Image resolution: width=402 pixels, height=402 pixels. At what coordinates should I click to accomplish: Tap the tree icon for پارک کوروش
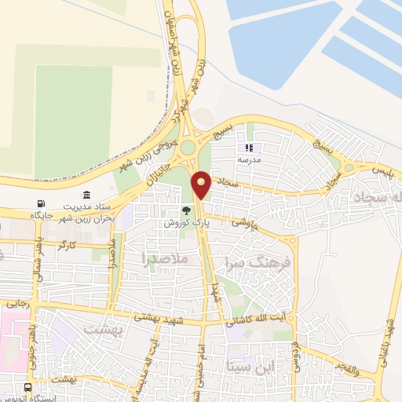186,210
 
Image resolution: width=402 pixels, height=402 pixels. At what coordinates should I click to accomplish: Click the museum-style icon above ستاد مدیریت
86,195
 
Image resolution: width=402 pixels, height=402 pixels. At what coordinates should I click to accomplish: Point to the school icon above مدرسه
250,147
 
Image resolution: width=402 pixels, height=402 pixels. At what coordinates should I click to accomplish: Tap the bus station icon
28,388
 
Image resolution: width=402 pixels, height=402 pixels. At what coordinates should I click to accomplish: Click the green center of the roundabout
188,147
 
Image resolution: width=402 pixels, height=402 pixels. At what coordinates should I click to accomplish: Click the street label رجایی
17,302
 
